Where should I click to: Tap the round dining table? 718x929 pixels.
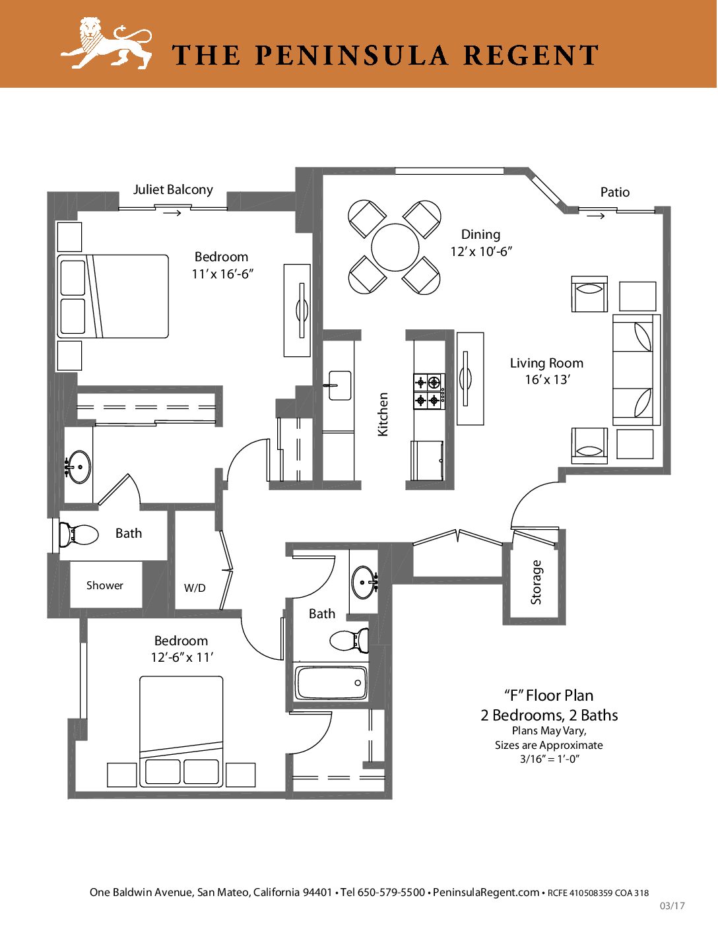pyautogui.click(x=395, y=247)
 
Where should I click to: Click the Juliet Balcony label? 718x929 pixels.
pyautogui.click(x=173, y=190)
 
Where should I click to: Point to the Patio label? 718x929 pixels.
pyautogui.click(x=615, y=193)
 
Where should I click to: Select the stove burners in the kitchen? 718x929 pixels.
pyautogui.click(x=428, y=391)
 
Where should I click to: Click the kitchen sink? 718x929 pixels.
pyautogui.click(x=340, y=385)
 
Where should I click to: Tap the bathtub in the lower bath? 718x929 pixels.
pyautogui.click(x=331, y=683)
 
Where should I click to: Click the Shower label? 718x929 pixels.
pyautogui.click(x=105, y=585)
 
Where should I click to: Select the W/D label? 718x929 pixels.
pyautogui.click(x=195, y=589)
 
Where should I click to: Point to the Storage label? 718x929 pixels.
pyautogui.click(x=536, y=583)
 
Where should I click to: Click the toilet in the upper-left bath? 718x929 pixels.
pyautogui.click(x=79, y=534)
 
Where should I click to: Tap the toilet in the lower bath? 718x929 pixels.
pyautogui.click(x=349, y=641)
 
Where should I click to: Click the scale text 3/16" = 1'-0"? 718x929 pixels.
pyautogui.click(x=549, y=759)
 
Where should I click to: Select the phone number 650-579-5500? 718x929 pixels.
pyautogui.click(x=391, y=892)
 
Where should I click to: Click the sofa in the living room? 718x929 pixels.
pyautogui.click(x=636, y=369)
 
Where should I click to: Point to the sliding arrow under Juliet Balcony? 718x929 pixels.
pyautogui.click(x=172, y=212)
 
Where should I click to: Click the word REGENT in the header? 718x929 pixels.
pyautogui.click(x=531, y=55)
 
